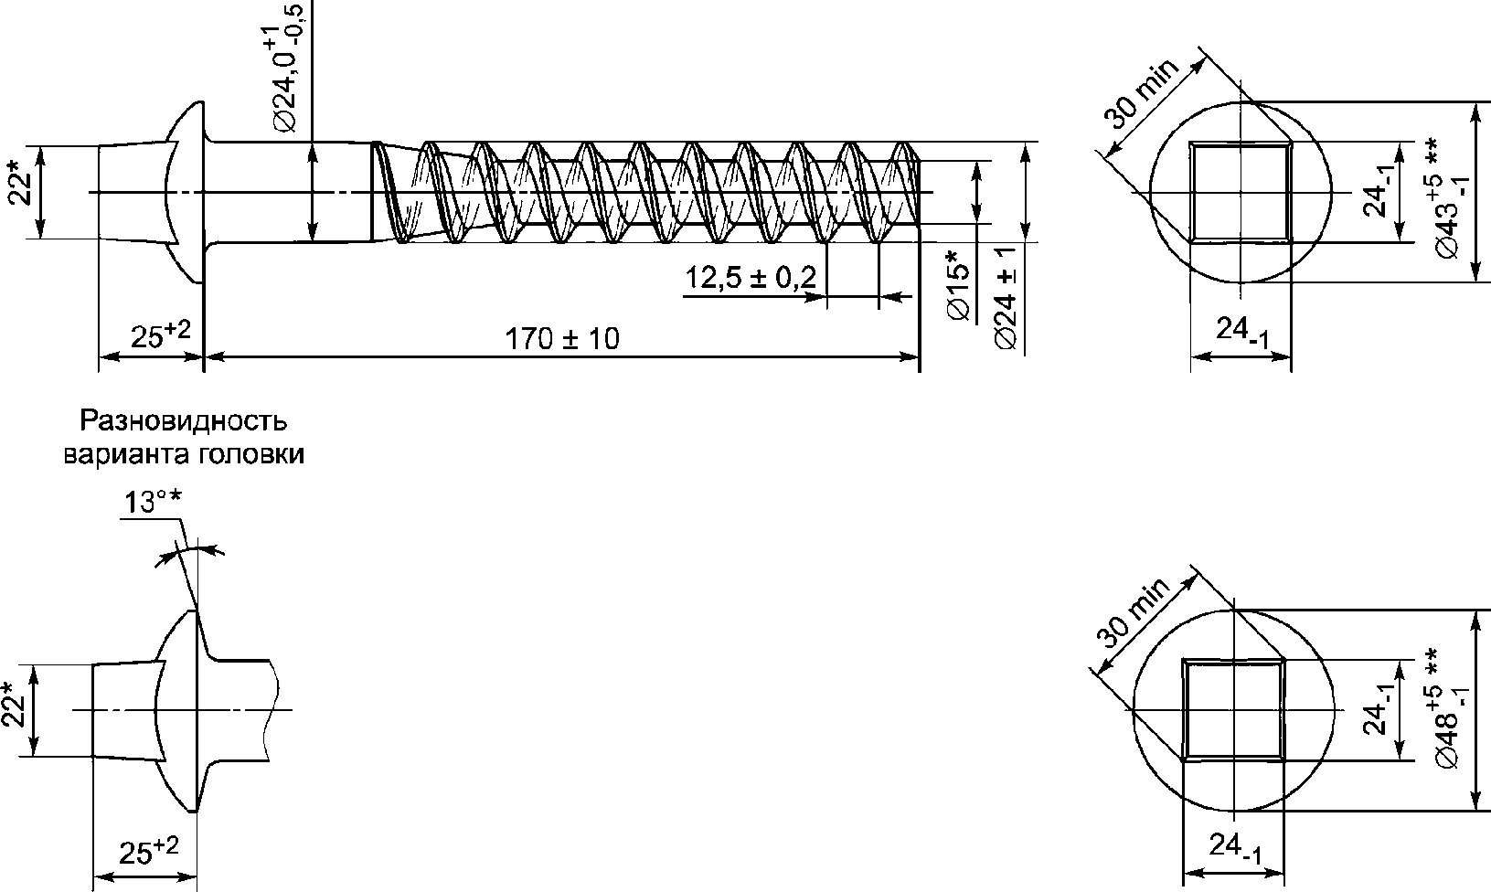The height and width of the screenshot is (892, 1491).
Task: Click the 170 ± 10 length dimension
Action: [562, 339]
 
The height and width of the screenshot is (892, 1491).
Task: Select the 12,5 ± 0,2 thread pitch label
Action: [751, 277]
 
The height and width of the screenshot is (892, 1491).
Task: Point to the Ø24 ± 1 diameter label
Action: [1006, 297]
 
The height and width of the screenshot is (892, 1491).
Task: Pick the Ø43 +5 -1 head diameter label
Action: [1451, 197]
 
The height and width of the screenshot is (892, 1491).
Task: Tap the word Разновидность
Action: [184, 420]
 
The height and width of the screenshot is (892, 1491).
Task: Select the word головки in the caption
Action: [251, 454]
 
